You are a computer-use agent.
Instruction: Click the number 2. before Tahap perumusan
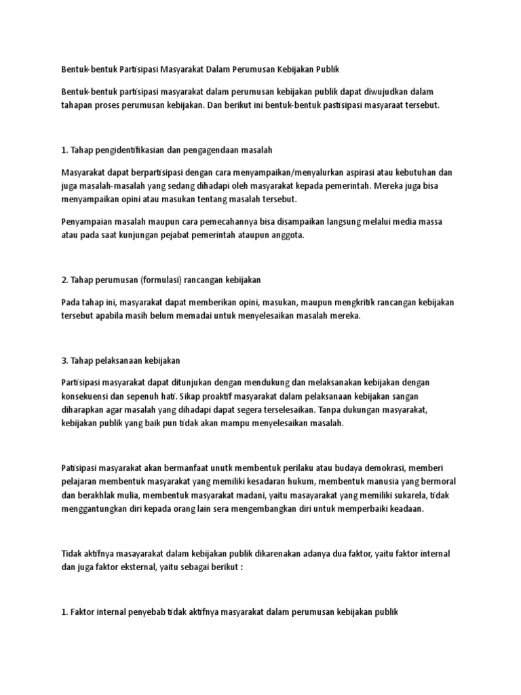tap(64, 280)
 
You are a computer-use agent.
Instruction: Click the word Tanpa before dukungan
tap(330, 410)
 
